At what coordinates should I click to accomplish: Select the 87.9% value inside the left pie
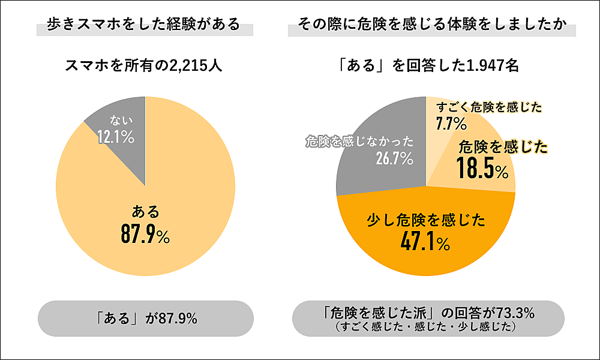pyautogui.click(x=145, y=235)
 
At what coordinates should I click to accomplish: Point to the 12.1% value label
pyautogui.click(x=115, y=137)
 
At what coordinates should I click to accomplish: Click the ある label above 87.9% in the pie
pyautogui.click(x=145, y=211)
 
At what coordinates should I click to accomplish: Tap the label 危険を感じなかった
pyautogui.click(x=360, y=142)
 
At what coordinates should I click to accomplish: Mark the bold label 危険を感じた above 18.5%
pyautogui.click(x=503, y=146)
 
